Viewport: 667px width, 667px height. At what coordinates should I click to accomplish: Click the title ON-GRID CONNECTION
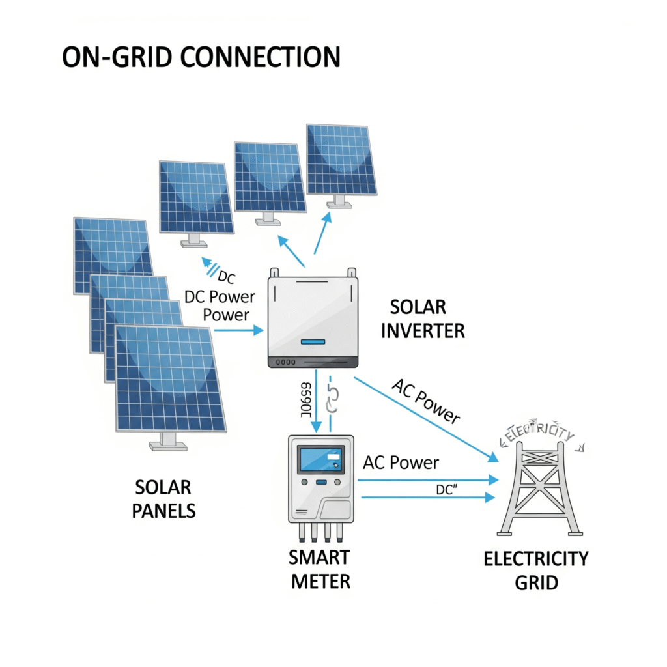(x=201, y=57)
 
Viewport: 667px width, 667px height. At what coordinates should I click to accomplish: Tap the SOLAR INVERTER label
(x=423, y=319)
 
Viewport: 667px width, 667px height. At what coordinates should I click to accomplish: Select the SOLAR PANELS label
(x=163, y=498)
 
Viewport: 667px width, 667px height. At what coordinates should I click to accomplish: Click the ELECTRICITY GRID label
(x=536, y=569)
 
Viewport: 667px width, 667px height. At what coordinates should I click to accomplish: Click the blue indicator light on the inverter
(x=313, y=342)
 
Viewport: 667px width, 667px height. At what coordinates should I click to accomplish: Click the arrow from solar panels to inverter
(x=238, y=331)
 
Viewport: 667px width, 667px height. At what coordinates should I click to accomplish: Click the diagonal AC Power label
(x=427, y=401)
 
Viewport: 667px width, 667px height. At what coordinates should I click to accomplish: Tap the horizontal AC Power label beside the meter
(x=401, y=463)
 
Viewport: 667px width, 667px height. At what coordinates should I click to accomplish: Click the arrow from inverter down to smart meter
(x=317, y=401)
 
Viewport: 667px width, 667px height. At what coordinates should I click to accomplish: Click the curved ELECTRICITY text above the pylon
(x=535, y=434)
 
